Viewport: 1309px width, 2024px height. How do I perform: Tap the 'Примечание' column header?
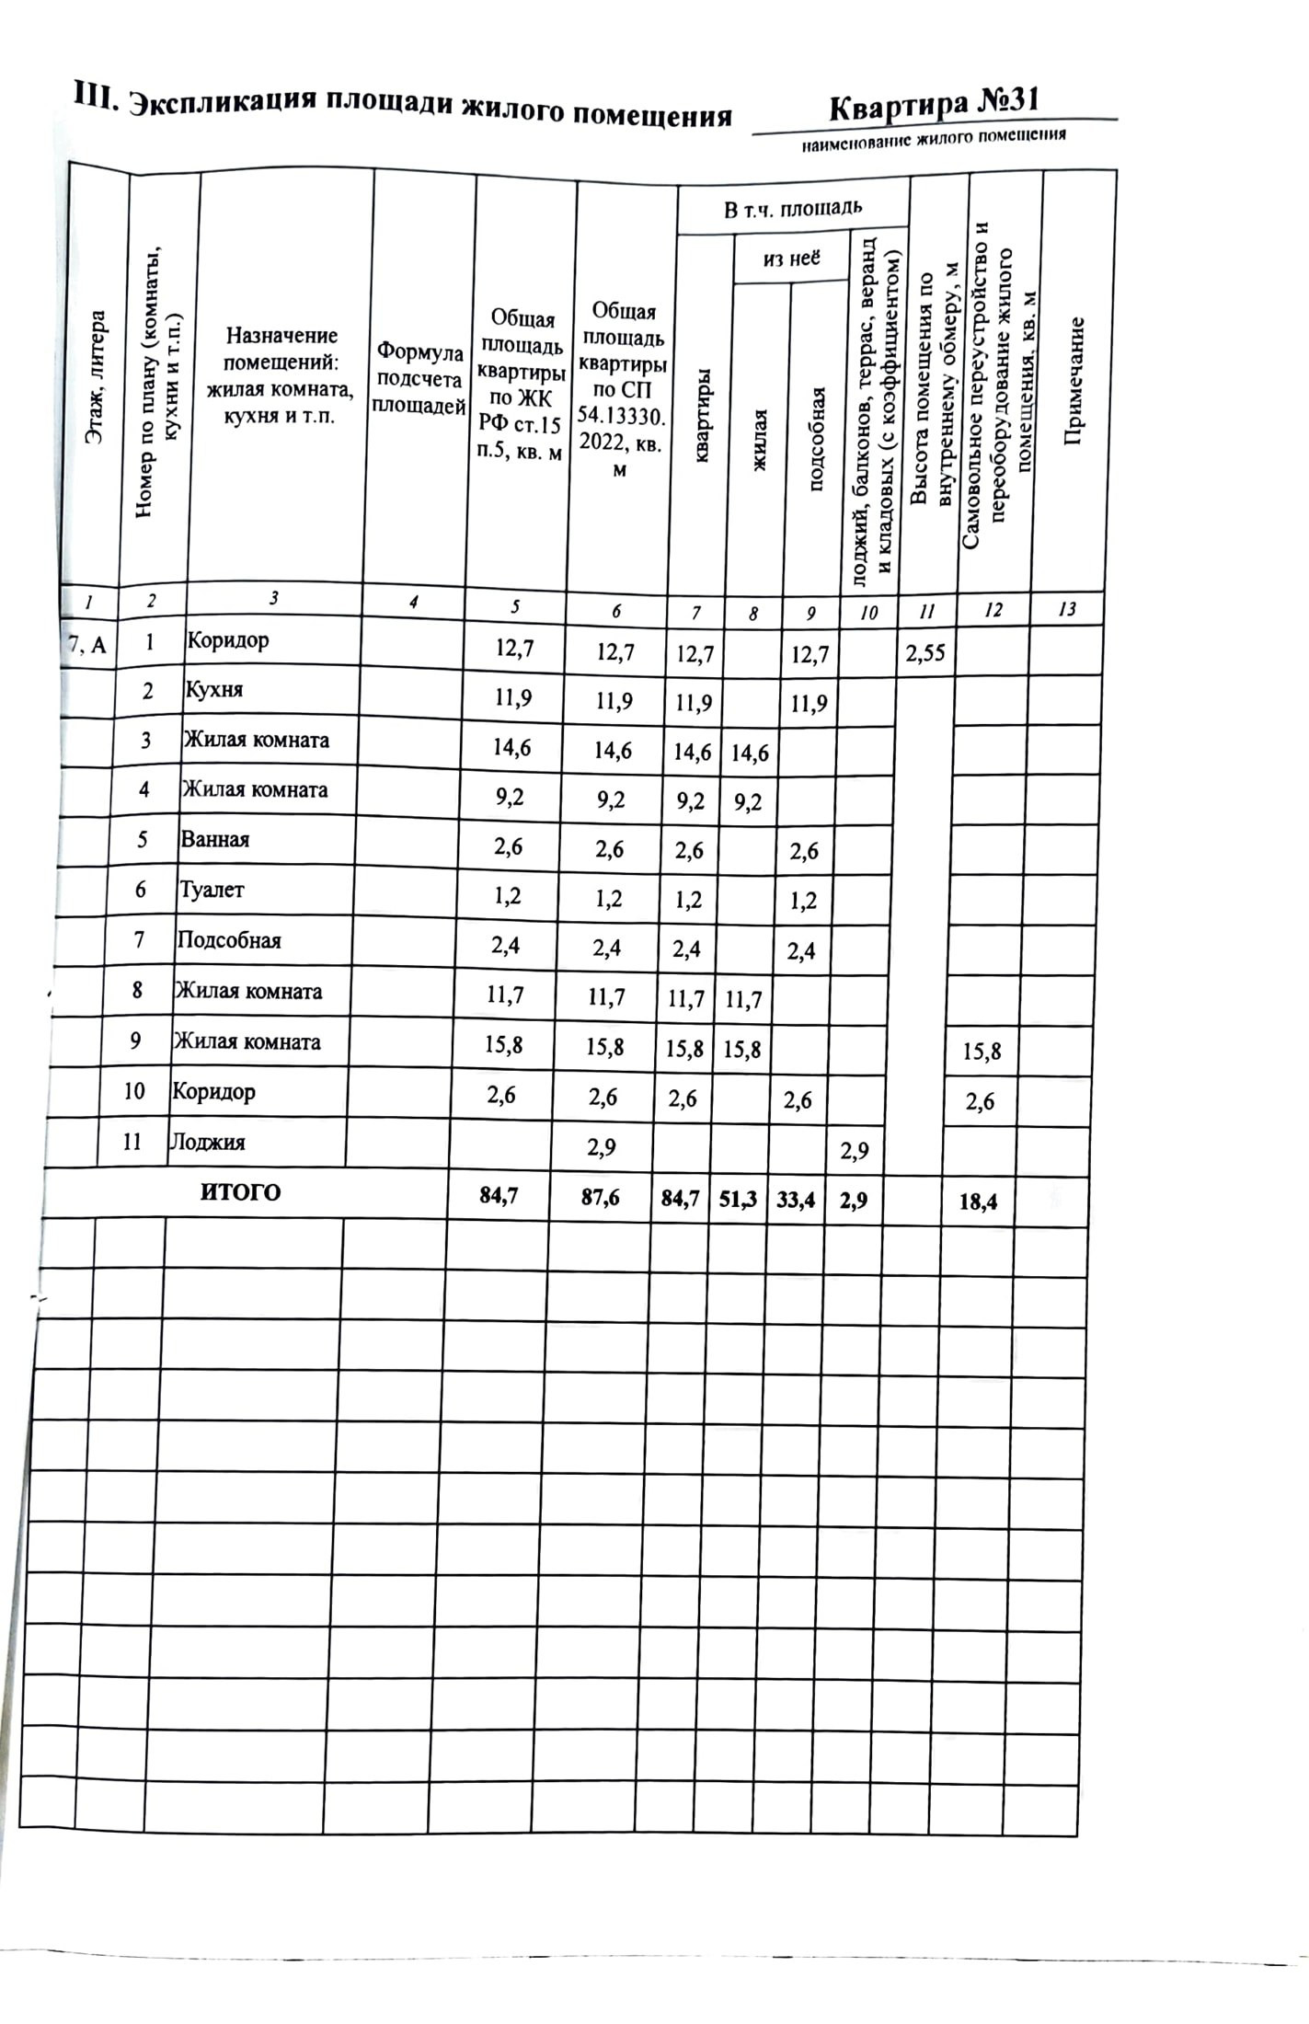tap(1074, 381)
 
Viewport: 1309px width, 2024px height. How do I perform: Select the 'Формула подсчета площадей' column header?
tap(419, 378)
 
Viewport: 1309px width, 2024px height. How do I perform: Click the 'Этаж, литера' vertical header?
tap(96, 378)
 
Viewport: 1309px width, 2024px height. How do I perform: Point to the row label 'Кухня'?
tap(214, 689)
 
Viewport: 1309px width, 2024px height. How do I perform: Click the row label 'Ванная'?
tap(215, 839)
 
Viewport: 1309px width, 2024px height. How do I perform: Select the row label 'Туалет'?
tap(212, 890)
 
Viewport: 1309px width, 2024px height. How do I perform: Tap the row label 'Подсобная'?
tap(229, 940)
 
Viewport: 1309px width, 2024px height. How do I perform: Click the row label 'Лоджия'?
tap(207, 1142)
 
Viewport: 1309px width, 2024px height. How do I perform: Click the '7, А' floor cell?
tap(87, 646)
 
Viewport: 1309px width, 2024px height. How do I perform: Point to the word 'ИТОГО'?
tap(240, 1192)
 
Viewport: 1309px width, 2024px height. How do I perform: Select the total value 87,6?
tap(600, 1197)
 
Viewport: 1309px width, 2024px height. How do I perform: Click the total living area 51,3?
tap(738, 1199)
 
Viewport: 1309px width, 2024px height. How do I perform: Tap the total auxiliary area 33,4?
tap(796, 1200)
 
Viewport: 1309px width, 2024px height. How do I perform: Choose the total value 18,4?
tap(978, 1201)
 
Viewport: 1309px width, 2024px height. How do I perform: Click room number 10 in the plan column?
tap(134, 1091)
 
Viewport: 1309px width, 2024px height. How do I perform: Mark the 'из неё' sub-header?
tap(791, 259)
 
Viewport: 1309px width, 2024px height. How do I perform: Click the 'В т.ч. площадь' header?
tap(792, 209)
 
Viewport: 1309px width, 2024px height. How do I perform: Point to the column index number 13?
tap(1067, 609)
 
